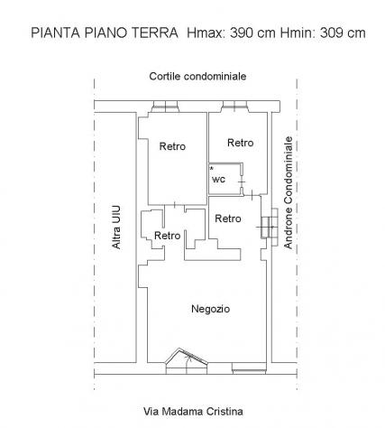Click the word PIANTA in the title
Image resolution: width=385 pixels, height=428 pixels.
[56, 33]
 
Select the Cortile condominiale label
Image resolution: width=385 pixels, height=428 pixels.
[197, 77]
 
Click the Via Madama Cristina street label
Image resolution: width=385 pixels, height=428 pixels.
[193, 411]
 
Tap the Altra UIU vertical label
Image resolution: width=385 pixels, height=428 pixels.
[116, 228]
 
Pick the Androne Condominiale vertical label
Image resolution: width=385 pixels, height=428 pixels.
[289, 192]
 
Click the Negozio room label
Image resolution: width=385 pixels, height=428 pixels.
[211, 309]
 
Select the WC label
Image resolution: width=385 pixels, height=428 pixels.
[218, 180]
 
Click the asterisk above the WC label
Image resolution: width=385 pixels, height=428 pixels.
[212, 168]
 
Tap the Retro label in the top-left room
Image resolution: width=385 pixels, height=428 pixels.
[172, 146]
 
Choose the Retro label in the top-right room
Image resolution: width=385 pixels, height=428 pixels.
[241, 143]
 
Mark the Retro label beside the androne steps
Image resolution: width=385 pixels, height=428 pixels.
[228, 219]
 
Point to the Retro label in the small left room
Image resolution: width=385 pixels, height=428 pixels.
[168, 236]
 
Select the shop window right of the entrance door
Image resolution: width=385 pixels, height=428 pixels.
[249, 368]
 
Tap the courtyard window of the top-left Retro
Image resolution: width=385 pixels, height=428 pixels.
[165, 107]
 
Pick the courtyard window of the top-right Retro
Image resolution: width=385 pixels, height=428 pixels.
[235, 107]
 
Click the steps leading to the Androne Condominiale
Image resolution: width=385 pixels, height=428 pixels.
[270, 227]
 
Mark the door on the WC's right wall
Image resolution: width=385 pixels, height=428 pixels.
[242, 181]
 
